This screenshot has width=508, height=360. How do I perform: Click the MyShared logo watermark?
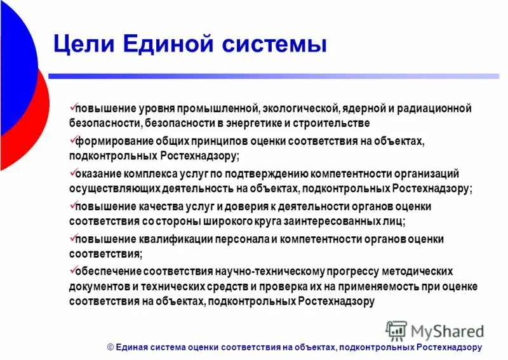coord(435,330)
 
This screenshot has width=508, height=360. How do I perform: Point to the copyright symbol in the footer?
coord(110,347)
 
